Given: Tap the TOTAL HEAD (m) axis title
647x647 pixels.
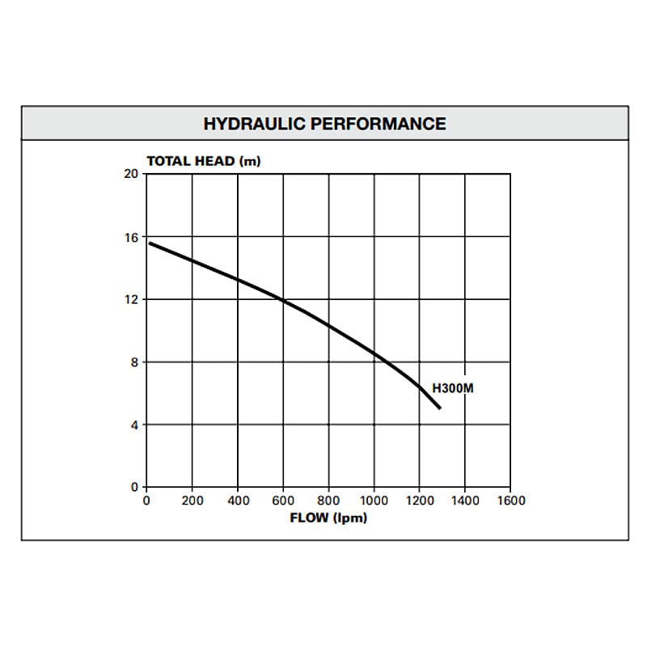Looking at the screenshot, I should click(x=204, y=160).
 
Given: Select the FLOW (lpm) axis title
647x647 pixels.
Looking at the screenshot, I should click(x=328, y=517).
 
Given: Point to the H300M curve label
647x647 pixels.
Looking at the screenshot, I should click(x=453, y=389).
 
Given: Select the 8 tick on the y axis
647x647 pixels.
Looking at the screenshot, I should click(x=134, y=362).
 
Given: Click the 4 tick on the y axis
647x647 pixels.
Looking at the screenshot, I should click(x=134, y=425).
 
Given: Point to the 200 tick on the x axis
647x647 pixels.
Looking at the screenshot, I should click(x=192, y=501).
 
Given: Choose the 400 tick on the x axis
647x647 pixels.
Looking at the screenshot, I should click(x=238, y=501).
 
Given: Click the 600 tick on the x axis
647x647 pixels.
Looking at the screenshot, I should click(x=283, y=501).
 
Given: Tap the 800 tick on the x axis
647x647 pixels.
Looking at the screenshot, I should click(x=328, y=501).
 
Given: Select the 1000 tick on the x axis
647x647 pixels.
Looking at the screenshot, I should click(x=374, y=501).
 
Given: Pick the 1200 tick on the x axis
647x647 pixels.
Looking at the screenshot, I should click(x=419, y=501).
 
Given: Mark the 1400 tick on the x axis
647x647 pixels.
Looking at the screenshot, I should click(x=464, y=501).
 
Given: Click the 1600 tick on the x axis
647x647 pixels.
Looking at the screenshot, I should click(x=510, y=501).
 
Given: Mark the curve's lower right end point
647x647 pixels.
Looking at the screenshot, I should click(x=439, y=408).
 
